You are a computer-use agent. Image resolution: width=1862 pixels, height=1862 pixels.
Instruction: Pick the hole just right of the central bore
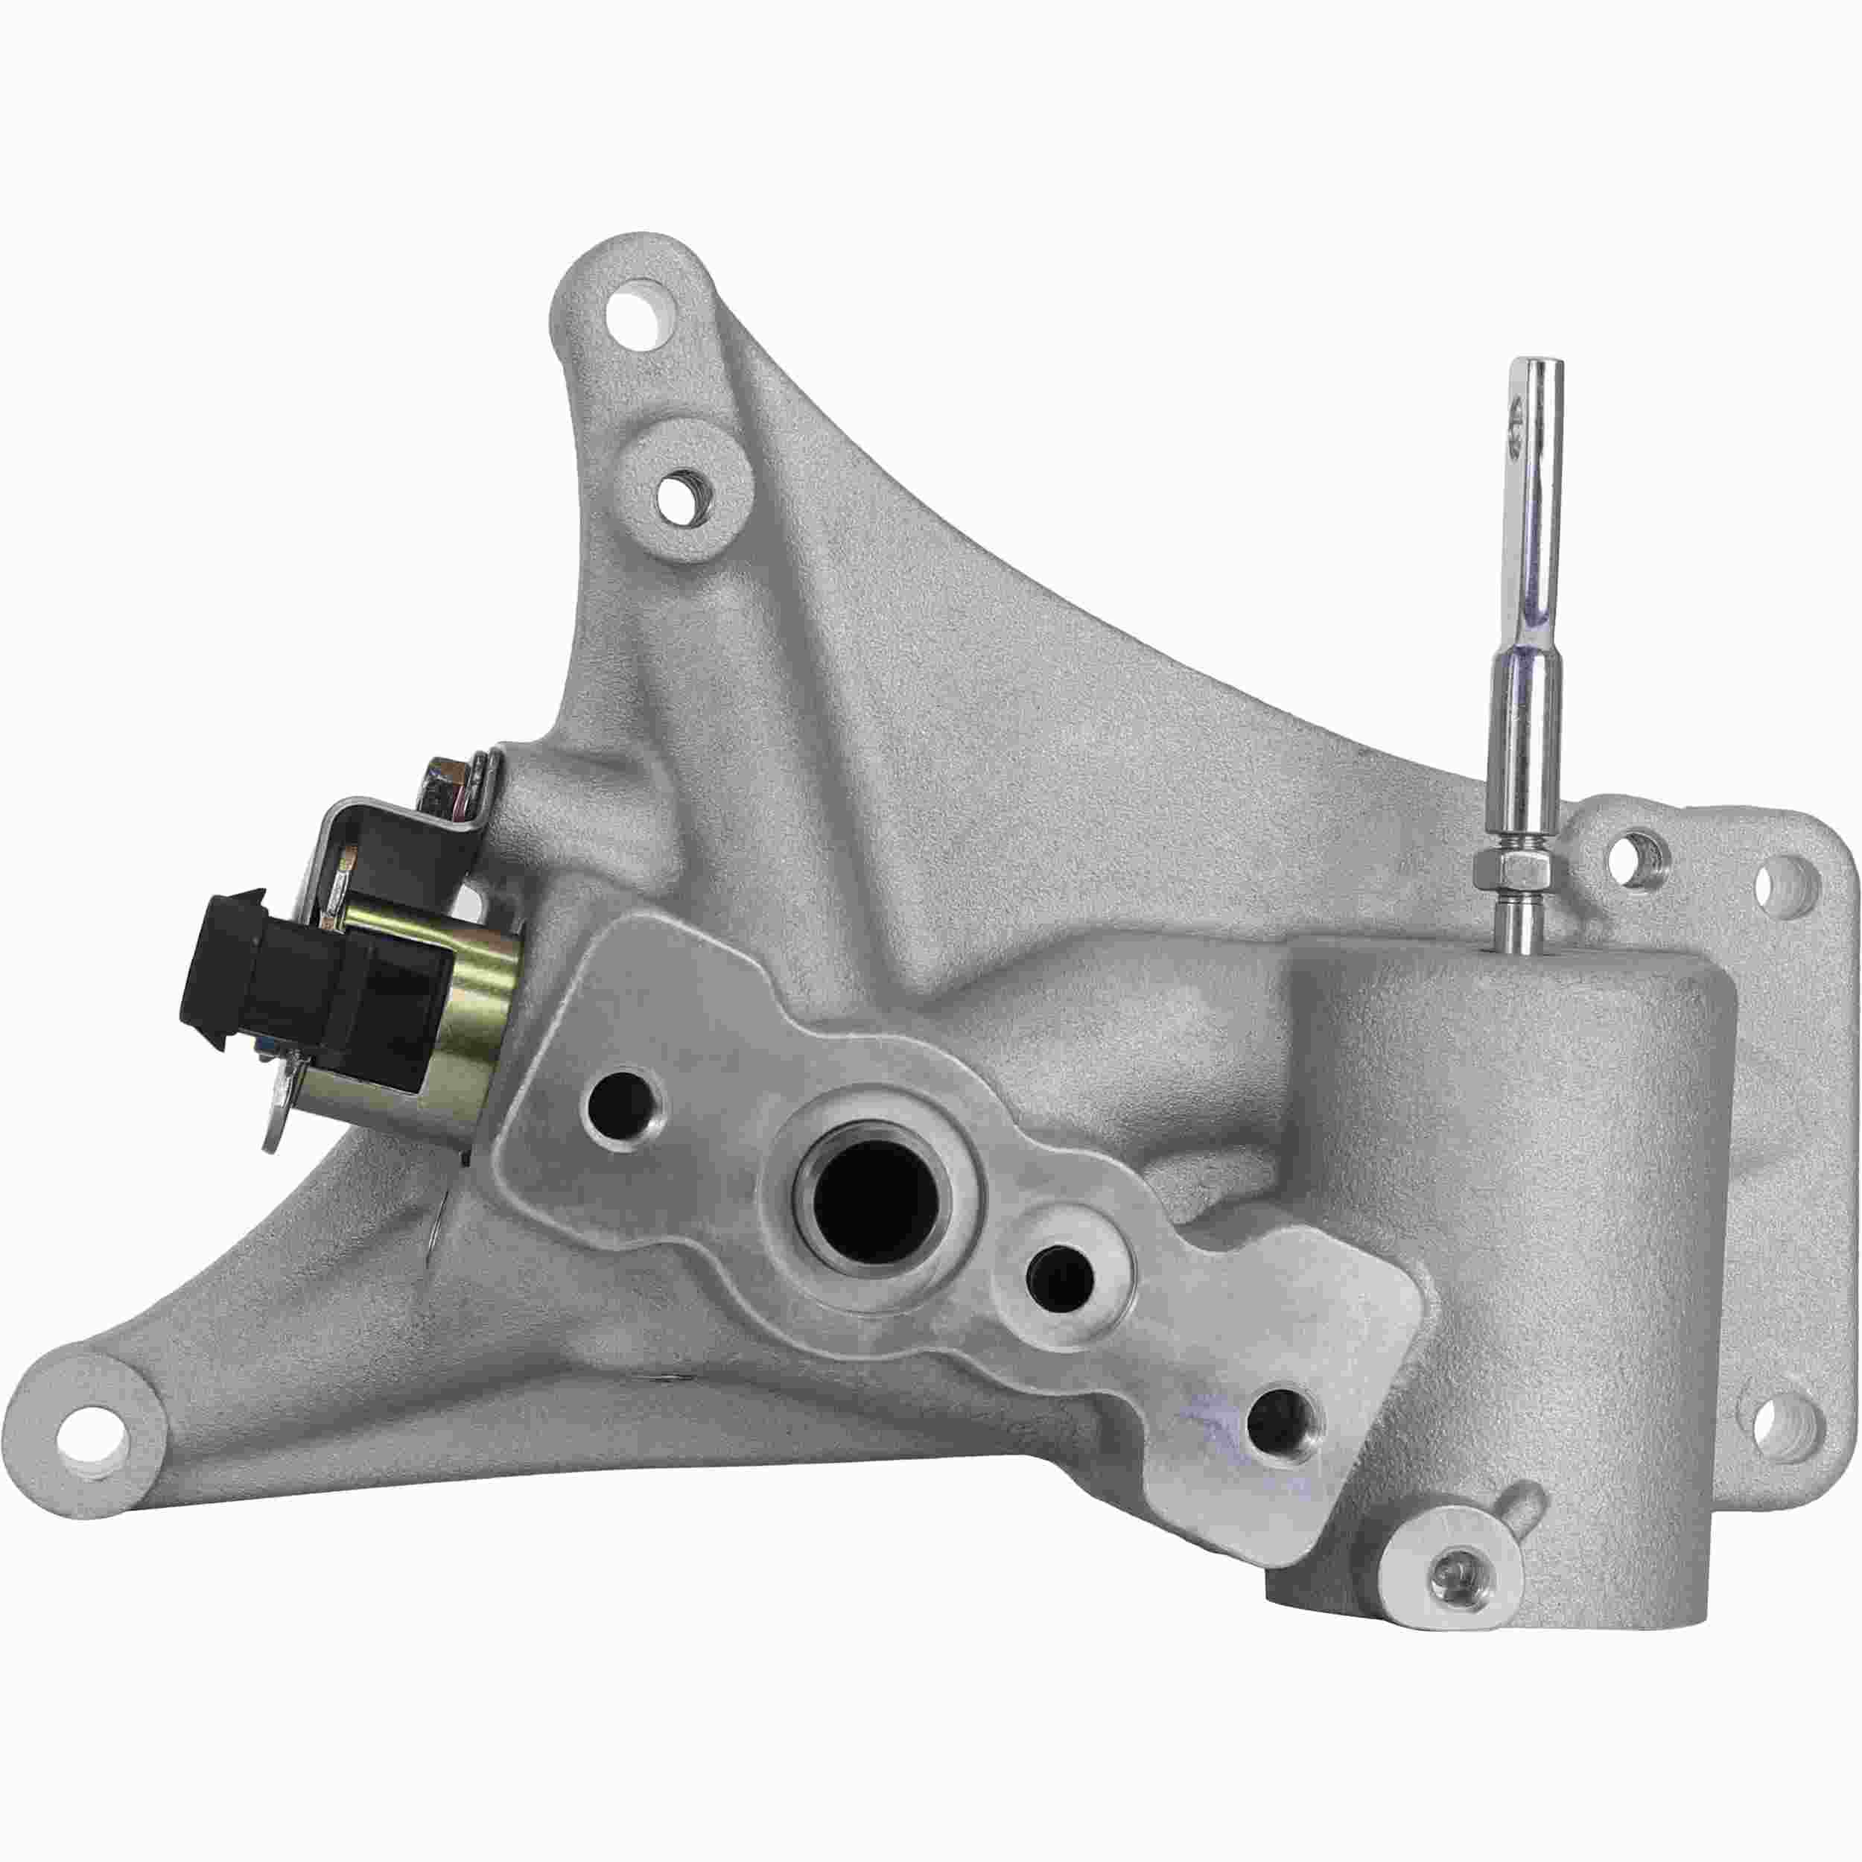point(1060,1279)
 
